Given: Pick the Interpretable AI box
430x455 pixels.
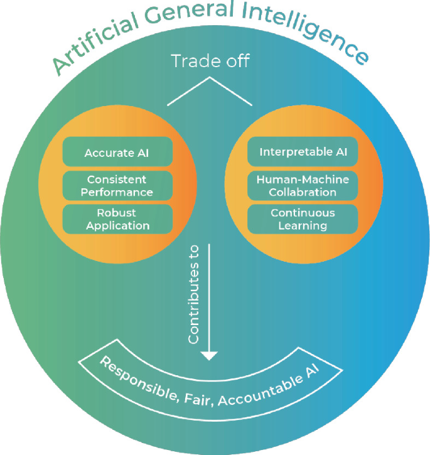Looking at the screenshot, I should point(303,153).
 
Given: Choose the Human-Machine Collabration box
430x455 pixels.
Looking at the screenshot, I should point(303,185).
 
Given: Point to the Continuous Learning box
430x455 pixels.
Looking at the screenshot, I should point(303,218).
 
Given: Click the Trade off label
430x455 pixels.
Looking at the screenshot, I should point(210,61).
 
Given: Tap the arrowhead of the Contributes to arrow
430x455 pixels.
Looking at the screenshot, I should point(209,355).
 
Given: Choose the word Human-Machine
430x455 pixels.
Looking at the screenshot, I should point(303,179).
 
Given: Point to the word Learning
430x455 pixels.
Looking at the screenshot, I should point(303,225).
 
